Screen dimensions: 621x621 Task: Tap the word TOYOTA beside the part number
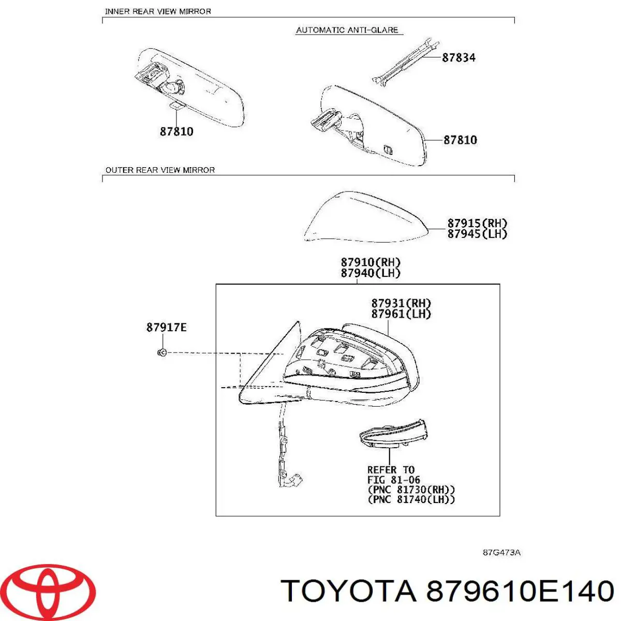pos(348,591)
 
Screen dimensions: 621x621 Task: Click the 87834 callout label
pos(459,57)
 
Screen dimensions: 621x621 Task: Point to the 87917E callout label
pos(166,328)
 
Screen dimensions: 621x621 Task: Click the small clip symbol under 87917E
pos(162,352)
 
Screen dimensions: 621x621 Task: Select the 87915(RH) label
pos(477,223)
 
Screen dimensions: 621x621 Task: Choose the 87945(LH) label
pos(477,233)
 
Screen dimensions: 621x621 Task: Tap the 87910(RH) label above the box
pos(371,262)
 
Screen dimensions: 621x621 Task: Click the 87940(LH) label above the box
pos(371,273)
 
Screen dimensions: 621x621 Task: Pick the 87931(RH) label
pos(401,303)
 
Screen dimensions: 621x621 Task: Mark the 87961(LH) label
pos(401,314)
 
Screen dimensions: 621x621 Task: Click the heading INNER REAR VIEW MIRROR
pos(158,11)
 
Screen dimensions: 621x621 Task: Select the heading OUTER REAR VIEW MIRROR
pos(160,170)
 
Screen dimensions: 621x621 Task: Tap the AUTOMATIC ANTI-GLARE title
pos(347,30)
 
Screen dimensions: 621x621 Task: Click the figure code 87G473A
pos(501,552)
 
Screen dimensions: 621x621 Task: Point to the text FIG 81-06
pos(393,480)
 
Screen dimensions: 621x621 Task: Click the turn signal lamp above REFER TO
pos(393,434)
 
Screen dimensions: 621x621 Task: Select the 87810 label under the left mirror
pos(176,131)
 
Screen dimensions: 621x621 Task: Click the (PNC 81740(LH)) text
pos(411,499)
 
